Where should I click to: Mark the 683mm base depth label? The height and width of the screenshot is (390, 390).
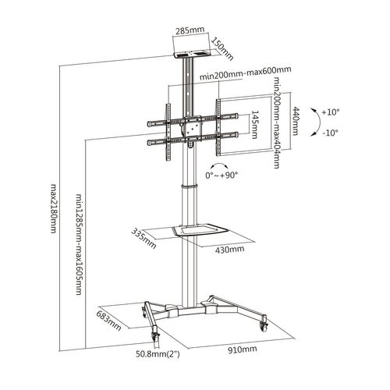[107, 321]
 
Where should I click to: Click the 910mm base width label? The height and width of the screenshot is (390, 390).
[243, 350]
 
